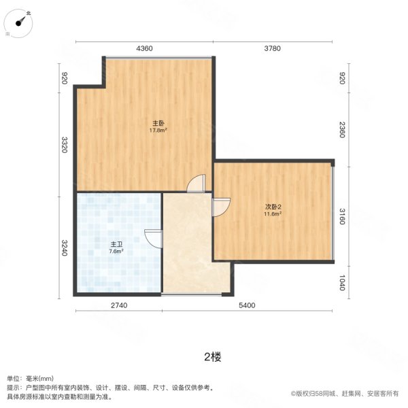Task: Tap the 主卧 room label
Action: pyautogui.click(x=158, y=123)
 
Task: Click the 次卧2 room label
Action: pyautogui.click(x=273, y=207)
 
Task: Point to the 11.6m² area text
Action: pyautogui.click(x=273, y=214)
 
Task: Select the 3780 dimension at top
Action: pyautogui.click(x=272, y=48)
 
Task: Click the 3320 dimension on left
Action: pyautogui.click(x=64, y=145)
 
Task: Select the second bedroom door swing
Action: pyautogui.click(x=222, y=207)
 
